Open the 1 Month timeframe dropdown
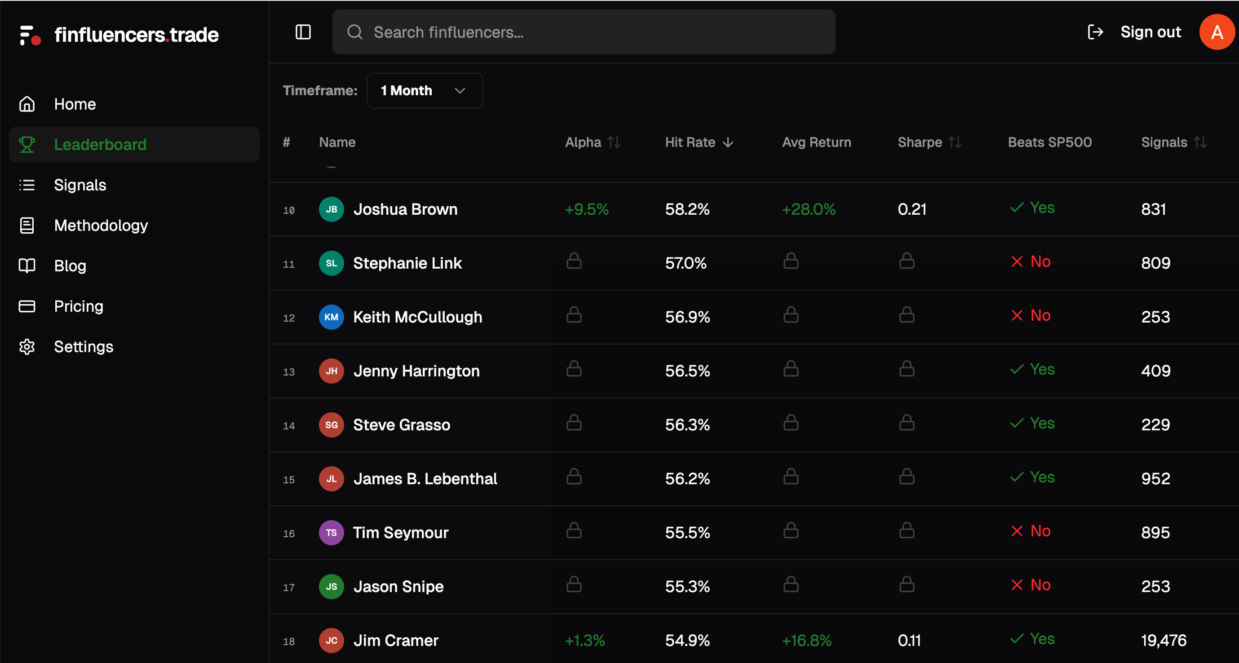pyautogui.click(x=424, y=90)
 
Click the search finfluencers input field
pyautogui.click(x=583, y=32)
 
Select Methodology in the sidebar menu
pyautogui.click(x=101, y=225)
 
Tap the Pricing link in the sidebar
pyautogui.click(x=79, y=306)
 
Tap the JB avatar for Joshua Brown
pyautogui.click(x=331, y=209)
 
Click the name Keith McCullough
pyautogui.click(x=417, y=317)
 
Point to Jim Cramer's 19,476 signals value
pyautogui.click(x=1163, y=641)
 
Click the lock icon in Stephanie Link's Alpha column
pyautogui.click(x=573, y=261)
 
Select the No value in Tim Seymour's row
pyautogui.click(x=1040, y=531)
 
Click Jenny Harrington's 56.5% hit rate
pyautogui.click(x=687, y=371)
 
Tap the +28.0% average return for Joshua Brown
pyautogui.click(x=808, y=209)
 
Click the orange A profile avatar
pyautogui.click(x=1217, y=32)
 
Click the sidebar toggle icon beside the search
pyautogui.click(x=303, y=32)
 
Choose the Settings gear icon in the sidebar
pyautogui.click(x=27, y=347)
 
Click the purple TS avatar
pyautogui.click(x=331, y=532)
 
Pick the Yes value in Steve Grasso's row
pyautogui.click(x=1041, y=423)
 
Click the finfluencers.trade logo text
pyautogui.click(x=136, y=35)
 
